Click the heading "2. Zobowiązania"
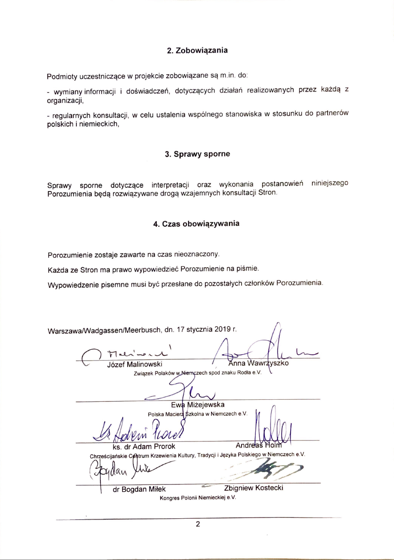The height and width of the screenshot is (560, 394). [197, 50]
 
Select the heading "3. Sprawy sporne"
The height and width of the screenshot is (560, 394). [197, 154]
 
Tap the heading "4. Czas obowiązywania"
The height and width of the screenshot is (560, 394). [196, 224]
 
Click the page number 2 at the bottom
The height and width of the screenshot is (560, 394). [198, 524]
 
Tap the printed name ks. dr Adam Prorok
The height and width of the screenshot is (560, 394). [141, 446]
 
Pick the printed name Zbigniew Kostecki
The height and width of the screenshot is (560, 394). [253, 488]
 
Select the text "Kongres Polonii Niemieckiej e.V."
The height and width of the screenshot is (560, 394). [198, 498]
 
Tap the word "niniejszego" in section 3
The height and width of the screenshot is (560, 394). [330, 183]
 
